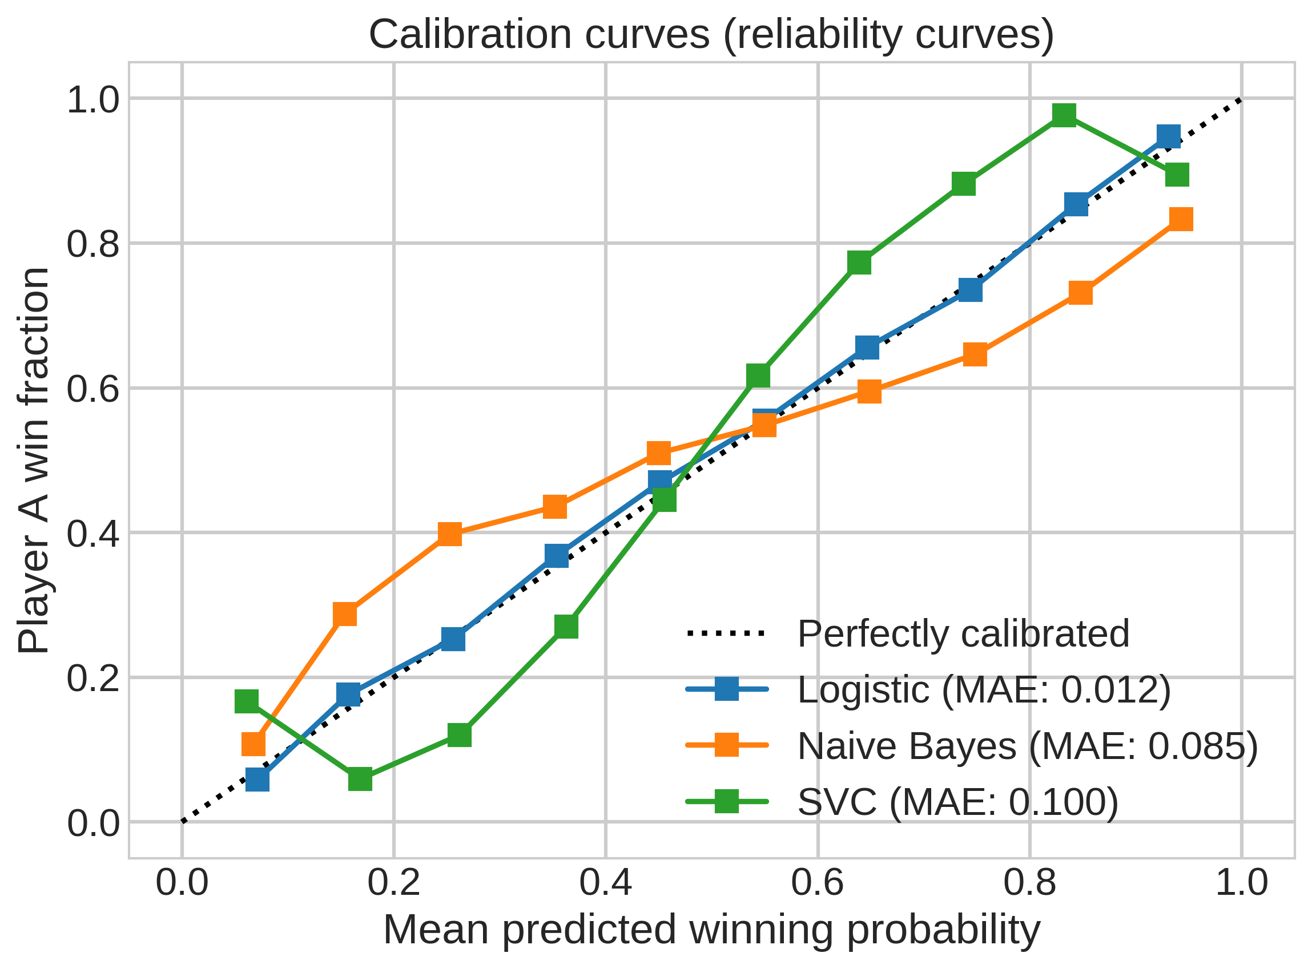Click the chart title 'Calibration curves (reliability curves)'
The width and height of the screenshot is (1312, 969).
[711, 35]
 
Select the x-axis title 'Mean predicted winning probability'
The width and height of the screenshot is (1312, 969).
[711, 931]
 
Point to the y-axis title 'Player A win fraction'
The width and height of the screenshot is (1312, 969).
[33, 461]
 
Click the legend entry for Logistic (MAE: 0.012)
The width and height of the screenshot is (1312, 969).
[928, 690]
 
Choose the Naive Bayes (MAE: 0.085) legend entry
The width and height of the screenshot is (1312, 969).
[972, 746]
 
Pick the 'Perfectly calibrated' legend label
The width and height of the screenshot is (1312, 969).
[964, 634]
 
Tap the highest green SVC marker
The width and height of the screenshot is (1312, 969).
[1064, 115]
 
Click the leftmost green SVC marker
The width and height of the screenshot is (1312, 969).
[247, 701]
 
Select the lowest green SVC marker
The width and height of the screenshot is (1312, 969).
[360, 780]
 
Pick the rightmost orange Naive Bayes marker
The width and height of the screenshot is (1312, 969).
[1181, 219]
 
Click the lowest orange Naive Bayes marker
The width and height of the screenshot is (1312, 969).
[253, 744]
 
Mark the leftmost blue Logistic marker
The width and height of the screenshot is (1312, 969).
[257, 780]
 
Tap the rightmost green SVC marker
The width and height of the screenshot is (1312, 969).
[1177, 175]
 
